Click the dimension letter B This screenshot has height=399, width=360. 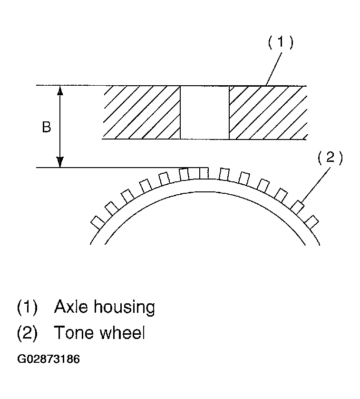click(46, 128)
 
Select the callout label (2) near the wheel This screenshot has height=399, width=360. click(330, 158)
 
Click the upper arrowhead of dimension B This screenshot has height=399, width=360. click(60, 90)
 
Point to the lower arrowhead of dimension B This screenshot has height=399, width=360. click(60, 163)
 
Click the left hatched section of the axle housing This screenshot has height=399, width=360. click(142, 112)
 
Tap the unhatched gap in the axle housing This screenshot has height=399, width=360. click(204, 112)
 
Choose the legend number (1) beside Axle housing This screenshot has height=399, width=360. click(27, 308)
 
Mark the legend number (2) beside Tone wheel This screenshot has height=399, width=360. click(27, 333)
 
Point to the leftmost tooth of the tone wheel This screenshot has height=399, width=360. click(97, 221)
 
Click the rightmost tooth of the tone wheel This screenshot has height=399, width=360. click(311, 221)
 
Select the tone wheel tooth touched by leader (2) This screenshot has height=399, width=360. click(297, 207)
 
